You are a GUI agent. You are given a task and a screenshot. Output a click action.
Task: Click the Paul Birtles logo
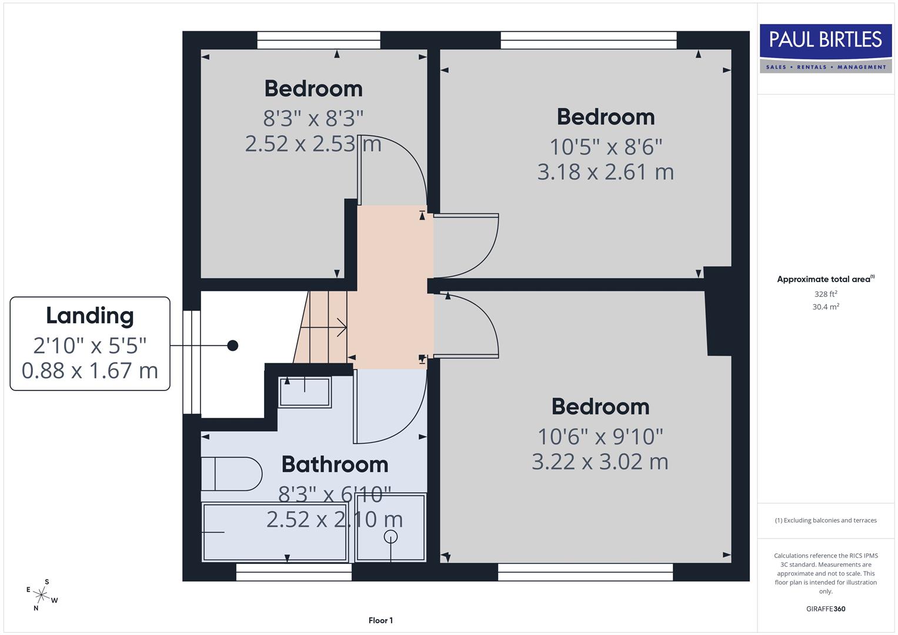(825, 48)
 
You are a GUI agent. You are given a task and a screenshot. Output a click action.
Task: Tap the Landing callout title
(90, 316)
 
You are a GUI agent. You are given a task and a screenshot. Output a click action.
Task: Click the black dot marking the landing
(233, 345)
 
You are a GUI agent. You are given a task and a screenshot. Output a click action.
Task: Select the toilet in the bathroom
(231, 474)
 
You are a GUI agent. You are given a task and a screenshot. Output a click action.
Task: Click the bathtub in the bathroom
(275, 532)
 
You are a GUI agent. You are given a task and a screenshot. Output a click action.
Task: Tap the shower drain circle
(390, 536)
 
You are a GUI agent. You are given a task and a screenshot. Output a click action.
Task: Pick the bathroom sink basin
(305, 392)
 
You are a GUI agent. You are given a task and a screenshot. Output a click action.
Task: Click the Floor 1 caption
(380, 620)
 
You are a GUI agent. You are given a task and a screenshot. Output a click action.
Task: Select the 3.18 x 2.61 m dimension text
(605, 172)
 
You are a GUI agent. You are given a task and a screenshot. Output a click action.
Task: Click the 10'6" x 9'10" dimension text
(600, 436)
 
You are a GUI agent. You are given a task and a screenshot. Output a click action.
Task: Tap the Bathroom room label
(335, 464)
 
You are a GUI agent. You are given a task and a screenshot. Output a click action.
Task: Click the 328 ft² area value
(825, 294)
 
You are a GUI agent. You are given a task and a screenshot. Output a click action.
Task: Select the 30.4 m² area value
(825, 306)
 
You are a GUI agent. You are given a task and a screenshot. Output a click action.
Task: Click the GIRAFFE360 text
(825, 609)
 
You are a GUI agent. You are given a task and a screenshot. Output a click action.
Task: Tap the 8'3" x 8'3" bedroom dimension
(313, 118)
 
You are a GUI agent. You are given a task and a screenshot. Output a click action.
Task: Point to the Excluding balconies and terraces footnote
(825, 520)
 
